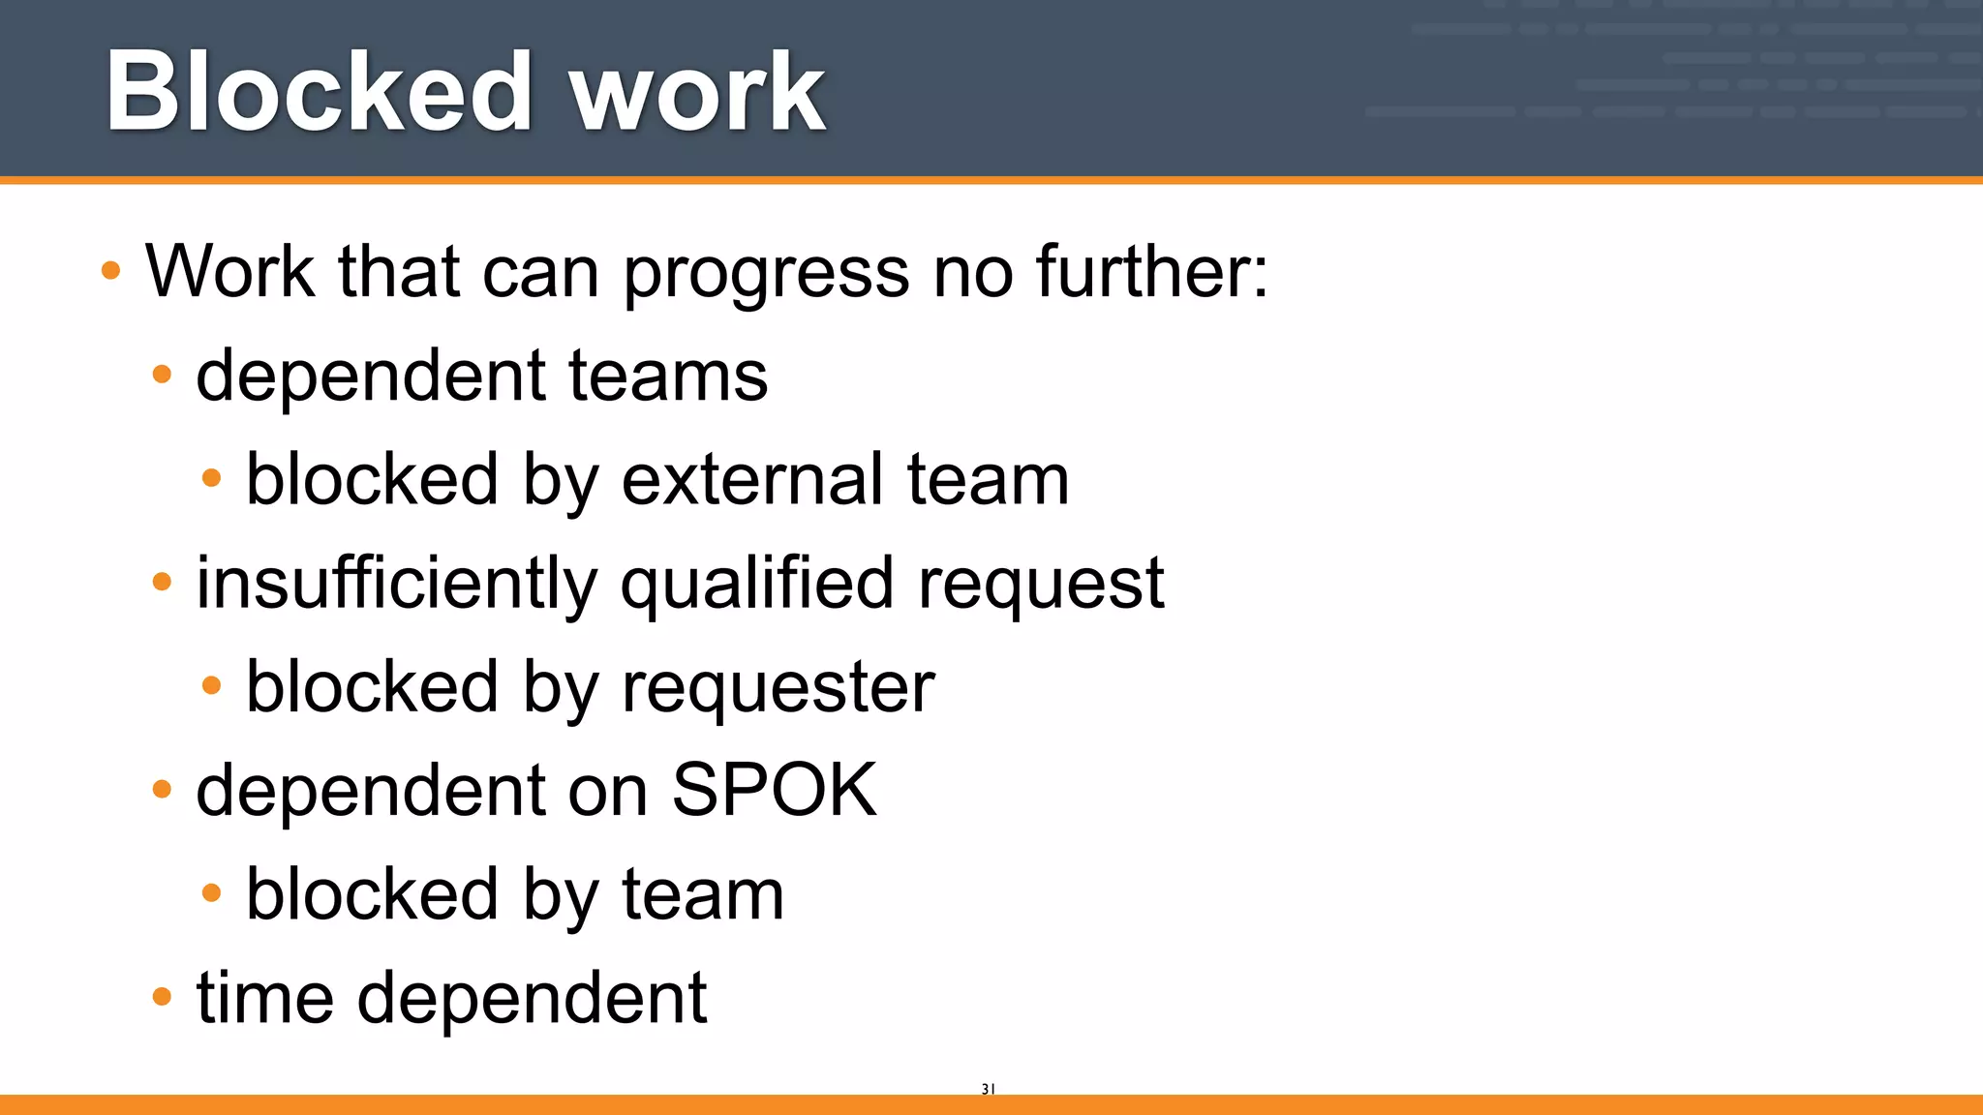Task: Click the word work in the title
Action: (x=697, y=94)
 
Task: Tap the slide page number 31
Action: (x=988, y=1089)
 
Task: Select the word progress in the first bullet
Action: (x=766, y=273)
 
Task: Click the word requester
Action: (x=778, y=687)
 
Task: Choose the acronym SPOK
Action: (x=775, y=791)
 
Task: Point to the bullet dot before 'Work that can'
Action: (x=111, y=270)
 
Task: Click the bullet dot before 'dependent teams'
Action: (x=162, y=374)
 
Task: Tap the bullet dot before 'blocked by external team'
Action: (x=212, y=477)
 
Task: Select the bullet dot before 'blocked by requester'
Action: (x=212, y=685)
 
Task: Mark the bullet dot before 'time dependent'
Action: (x=162, y=996)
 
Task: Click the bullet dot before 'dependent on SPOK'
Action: (x=162, y=789)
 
